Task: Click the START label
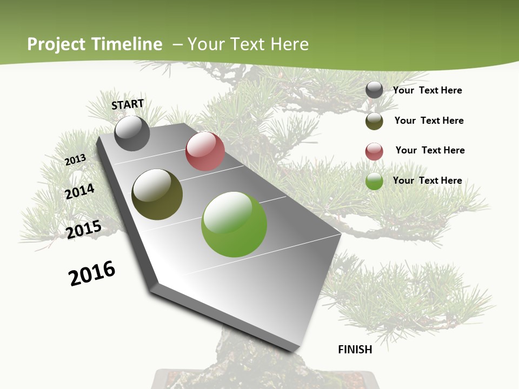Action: [x=128, y=104]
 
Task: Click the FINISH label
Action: [x=355, y=350]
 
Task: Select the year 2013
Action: [x=76, y=160]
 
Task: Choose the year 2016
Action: [x=92, y=273]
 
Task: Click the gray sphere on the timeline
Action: [x=132, y=133]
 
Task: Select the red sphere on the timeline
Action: [x=205, y=151]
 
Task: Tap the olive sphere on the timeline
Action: [x=157, y=194]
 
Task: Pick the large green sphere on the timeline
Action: [x=234, y=224]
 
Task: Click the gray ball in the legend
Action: [x=374, y=90]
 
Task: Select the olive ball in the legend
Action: [x=374, y=121]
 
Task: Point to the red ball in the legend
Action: [x=374, y=151]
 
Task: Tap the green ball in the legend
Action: [x=374, y=181]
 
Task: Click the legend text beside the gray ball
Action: [x=427, y=90]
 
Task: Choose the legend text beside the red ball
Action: [x=430, y=150]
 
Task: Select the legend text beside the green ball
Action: [x=427, y=180]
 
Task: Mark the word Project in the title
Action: [x=56, y=45]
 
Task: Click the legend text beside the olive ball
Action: [x=429, y=120]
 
